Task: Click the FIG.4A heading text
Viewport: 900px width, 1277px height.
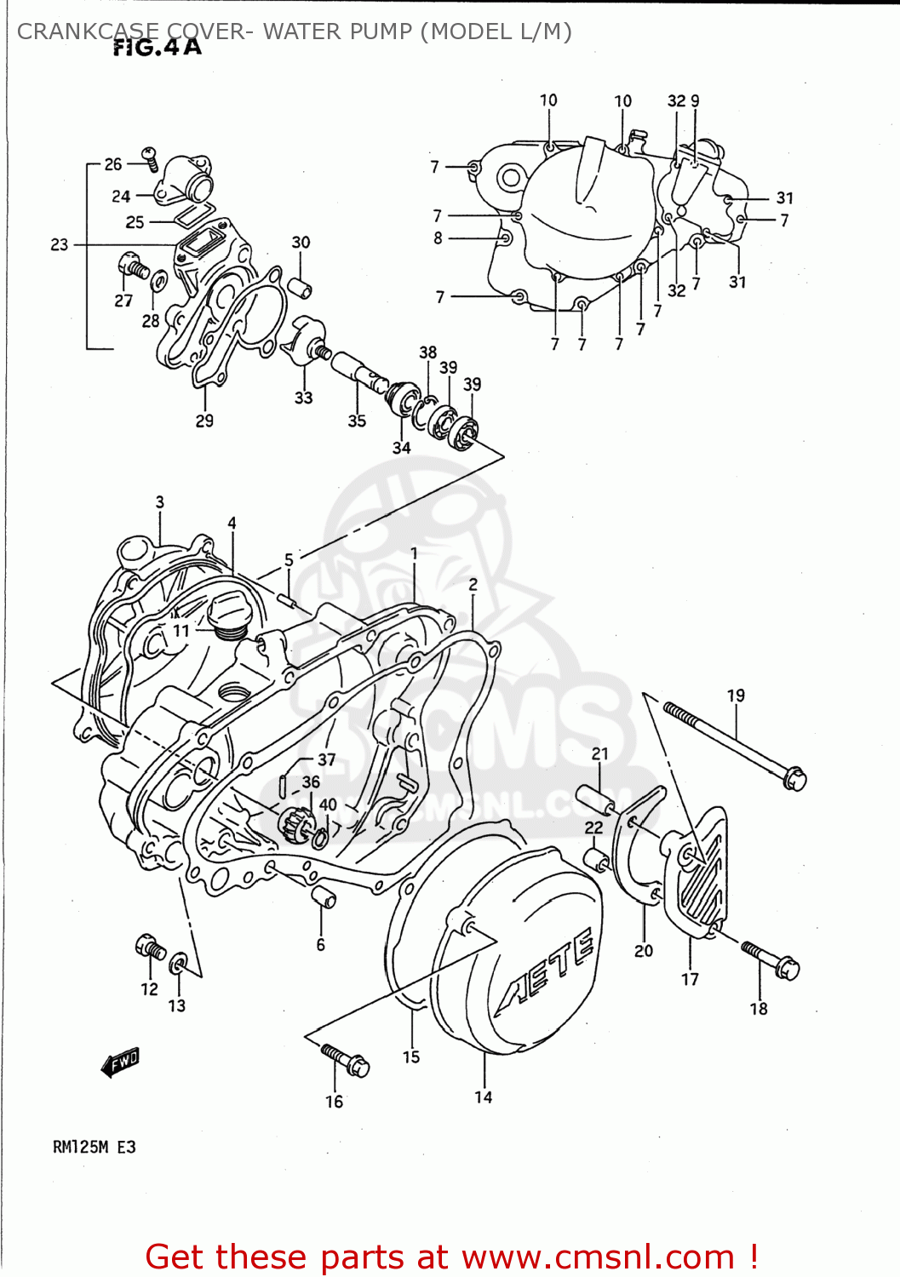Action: (158, 49)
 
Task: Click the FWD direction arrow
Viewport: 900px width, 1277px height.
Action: (120, 1062)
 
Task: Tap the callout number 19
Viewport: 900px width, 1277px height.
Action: (736, 696)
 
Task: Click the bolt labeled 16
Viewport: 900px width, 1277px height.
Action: (345, 1060)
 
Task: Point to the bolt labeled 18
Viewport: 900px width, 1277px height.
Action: (771, 959)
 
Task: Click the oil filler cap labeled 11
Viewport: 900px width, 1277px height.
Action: (226, 617)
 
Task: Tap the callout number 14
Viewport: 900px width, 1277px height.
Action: (483, 1097)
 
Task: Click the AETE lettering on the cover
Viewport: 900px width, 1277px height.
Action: (546, 967)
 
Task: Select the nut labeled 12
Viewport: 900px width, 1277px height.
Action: (150, 947)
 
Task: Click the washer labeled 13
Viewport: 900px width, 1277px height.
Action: (179, 965)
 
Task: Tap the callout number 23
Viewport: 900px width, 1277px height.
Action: (59, 244)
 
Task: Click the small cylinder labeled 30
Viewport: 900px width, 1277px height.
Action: (299, 285)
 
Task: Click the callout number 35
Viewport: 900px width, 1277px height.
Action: (357, 420)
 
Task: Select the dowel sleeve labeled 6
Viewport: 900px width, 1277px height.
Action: (324, 897)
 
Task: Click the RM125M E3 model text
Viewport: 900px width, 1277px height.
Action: (94, 1147)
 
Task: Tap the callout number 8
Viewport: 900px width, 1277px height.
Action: (438, 238)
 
